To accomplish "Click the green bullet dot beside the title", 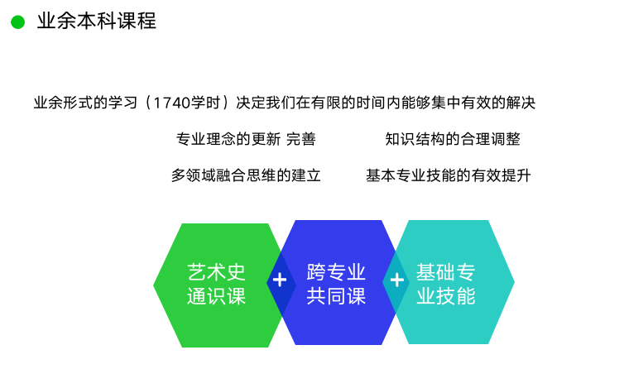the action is click(18, 22).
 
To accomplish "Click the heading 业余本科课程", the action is click(97, 21).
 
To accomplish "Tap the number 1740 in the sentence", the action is click(171, 103).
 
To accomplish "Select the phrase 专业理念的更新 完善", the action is click(246, 139).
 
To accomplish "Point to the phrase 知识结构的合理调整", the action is click(453, 139).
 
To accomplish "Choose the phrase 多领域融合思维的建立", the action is click(246, 175).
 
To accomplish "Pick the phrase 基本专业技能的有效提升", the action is click(449, 175).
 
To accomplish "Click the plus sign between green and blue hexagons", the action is click(280, 280).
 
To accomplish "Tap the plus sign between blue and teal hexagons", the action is click(396, 280).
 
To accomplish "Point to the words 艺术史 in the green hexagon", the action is click(217, 272).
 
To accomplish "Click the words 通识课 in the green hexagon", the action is click(217, 296).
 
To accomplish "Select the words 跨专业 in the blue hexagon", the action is click(336, 272).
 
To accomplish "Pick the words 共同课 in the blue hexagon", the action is click(336, 296).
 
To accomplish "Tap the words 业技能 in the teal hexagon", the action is click(446, 296).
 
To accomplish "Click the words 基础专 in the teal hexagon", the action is click(446, 272).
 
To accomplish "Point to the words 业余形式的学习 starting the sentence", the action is click(85, 103).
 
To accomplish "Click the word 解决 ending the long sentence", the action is click(521, 103).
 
